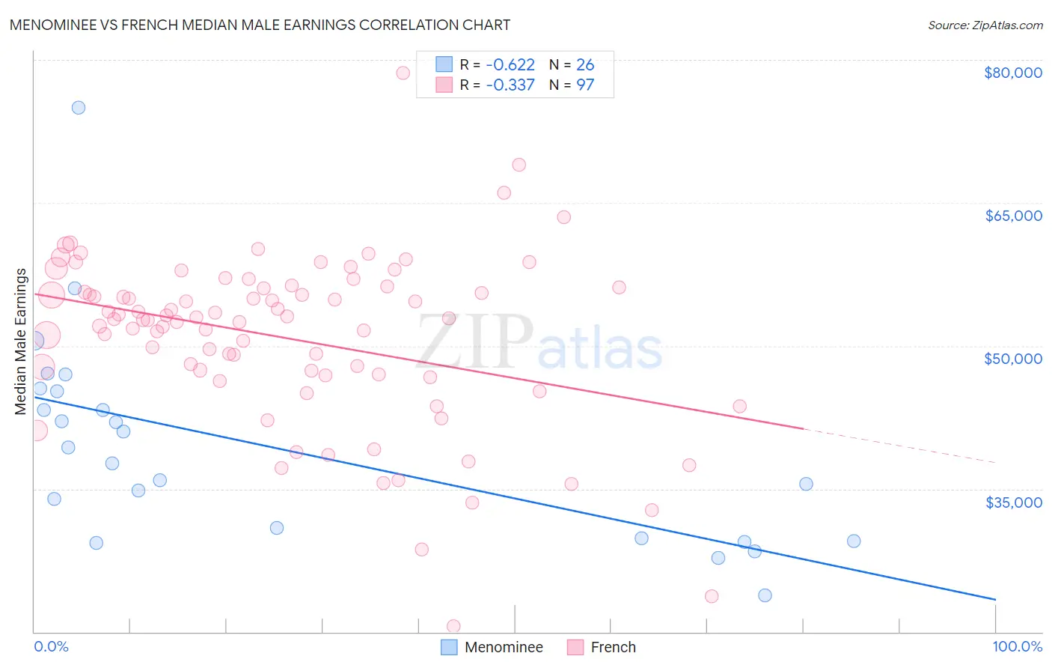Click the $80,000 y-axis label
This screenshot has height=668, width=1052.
click(x=1012, y=73)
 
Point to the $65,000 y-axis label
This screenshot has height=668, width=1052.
click(x=1012, y=216)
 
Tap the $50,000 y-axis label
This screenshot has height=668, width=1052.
click(x=1012, y=359)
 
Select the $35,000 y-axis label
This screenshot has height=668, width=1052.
click(x=1012, y=502)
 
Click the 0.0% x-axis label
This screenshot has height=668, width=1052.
click(x=51, y=646)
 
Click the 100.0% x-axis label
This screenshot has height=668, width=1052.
click(x=1017, y=646)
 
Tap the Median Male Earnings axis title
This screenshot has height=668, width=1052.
click(x=21, y=341)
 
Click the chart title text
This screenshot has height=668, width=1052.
click(x=260, y=25)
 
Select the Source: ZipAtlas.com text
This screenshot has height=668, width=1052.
click(x=985, y=25)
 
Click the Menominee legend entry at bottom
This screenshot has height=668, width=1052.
click(x=503, y=647)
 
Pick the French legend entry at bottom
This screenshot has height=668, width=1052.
click(x=612, y=647)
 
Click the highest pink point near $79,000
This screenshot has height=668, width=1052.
click(x=403, y=73)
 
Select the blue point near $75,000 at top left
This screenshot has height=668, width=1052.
click(x=79, y=107)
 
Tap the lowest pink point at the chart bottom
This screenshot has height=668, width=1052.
click(x=453, y=626)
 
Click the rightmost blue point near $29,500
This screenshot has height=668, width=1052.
click(x=854, y=541)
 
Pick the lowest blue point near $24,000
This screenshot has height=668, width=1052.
click(x=765, y=595)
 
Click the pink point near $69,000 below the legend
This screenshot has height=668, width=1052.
click(x=519, y=165)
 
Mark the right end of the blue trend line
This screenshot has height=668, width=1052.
click(x=995, y=599)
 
